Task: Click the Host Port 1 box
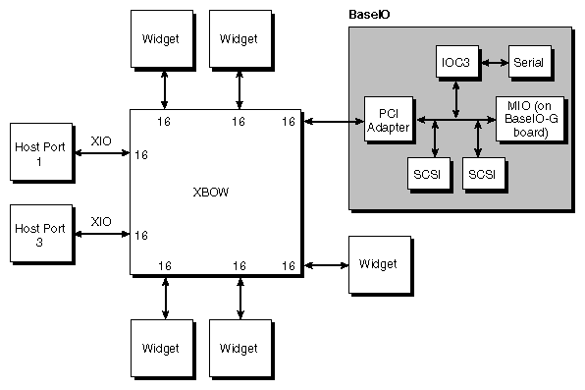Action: (x=38, y=152)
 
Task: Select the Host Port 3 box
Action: (x=38, y=234)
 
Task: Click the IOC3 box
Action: (x=455, y=62)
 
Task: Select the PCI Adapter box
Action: (x=387, y=120)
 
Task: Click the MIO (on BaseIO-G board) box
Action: (x=529, y=119)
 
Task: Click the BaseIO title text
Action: (x=369, y=15)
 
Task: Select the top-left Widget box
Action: (x=159, y=39)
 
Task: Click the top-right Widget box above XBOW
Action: (x=239, y=39)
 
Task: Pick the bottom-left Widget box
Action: (x=159, y=348)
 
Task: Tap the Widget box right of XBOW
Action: (x=378, y=264)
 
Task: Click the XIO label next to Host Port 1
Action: (x=101, y=141)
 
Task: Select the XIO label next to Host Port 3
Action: (x=101, y=222)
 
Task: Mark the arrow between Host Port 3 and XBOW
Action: (x=101, y=235)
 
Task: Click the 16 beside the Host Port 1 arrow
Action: (x=141, y=154)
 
